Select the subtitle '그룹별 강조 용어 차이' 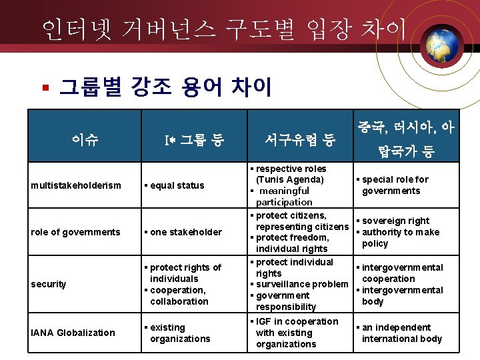coord(165,87)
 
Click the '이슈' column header coord(85,139)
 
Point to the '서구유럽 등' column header coord(299,140)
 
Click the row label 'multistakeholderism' coord(76,185)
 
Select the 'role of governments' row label coord(75,232)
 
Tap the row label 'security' coord(49,284)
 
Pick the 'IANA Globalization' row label coord(73,333)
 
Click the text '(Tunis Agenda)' coord(290,179)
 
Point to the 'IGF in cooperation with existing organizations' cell coord(297,333)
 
